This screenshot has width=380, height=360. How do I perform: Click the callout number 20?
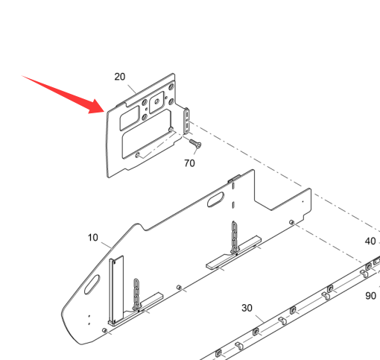coord(120,77)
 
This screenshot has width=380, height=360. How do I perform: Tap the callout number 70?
coord(189,163)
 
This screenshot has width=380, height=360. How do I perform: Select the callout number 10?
coord(93,238)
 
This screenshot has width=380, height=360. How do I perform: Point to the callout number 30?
coord(247,308)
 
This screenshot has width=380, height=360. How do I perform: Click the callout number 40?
coord(370,241)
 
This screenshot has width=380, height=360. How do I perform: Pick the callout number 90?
coord(370,296)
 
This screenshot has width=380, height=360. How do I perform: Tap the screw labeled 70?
coord(195,144)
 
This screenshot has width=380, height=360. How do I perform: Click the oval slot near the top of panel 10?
coord(215,200)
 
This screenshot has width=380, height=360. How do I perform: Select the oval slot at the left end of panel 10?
coord(92,285)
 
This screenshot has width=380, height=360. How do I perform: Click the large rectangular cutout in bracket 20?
coord(147,133)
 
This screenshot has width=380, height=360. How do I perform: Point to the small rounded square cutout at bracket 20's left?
coord(130,118)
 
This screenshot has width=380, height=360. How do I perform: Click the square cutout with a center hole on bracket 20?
coord(156,102)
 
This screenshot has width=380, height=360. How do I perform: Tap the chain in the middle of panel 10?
coord(234,238)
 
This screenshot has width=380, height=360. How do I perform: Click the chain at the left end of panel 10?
coord(136,294)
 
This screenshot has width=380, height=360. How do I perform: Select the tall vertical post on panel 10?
coord(116,289)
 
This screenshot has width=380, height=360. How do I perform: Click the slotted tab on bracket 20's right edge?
coord(186,121)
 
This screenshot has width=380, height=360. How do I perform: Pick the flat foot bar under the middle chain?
coord(233,252)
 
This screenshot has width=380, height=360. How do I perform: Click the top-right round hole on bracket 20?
coord(171,87)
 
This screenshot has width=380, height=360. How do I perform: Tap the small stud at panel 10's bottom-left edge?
coord(104,330)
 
